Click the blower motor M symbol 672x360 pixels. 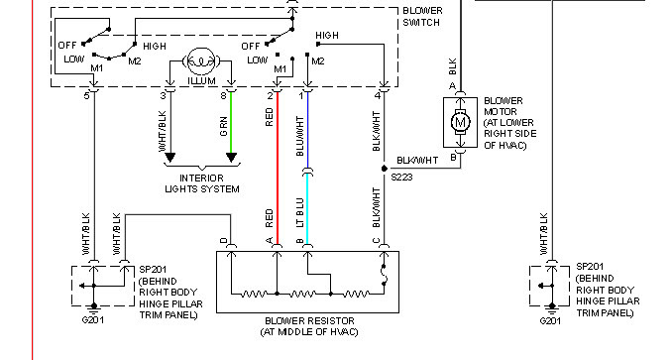coord(460,122)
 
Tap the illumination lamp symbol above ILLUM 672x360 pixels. coord(200,61)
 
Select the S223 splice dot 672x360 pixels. coord(384,169)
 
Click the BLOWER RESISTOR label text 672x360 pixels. coord(309,321)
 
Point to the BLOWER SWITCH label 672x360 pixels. coord(421,16)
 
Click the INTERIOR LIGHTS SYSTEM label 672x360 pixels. coord(202,183)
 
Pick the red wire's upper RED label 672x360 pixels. coord(270,117)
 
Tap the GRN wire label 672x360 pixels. coord(223,126)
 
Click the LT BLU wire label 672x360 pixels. coord(299,212)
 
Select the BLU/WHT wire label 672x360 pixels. coord(299,136)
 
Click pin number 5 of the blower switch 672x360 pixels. coord(86,95)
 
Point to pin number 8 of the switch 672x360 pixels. coord(223,95)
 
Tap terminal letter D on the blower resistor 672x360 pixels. coord(223,241)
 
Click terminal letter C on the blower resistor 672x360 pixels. coord(376,241)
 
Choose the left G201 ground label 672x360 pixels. coord(92,319)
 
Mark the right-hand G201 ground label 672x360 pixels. coord(550,320)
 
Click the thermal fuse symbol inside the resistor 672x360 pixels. coord(384,275)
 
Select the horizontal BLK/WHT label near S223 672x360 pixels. coord(417,161)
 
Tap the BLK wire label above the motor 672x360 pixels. coord(453,66)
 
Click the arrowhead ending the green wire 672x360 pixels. coord(231,158)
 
